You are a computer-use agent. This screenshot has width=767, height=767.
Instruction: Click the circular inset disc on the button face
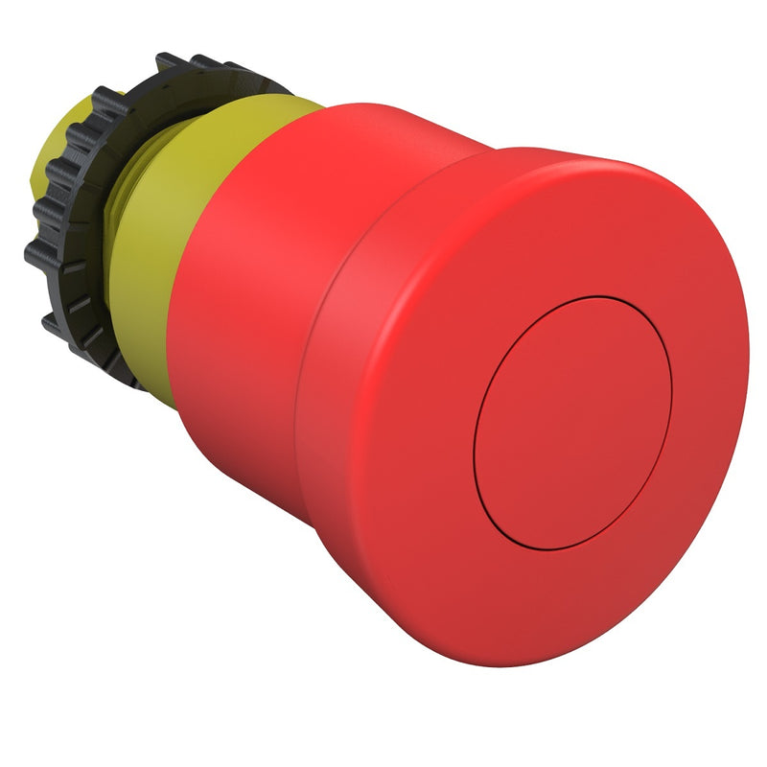[572, 422]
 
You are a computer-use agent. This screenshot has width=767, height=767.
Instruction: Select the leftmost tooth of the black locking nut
[35, 254]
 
